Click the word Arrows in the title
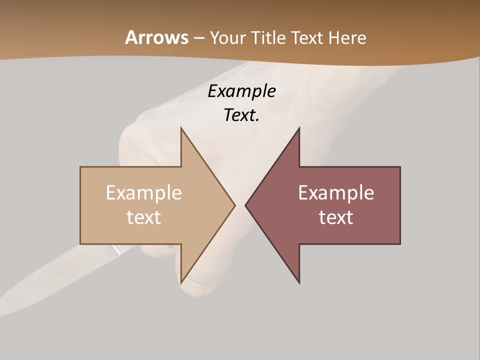(156, 37)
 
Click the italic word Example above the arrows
(241, 91)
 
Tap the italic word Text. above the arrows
(241, 115)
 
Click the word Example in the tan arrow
(144, 192)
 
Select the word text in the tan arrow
(144, 217)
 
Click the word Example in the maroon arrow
(336, 192)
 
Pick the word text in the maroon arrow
(336, 217)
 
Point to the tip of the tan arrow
(234, 205)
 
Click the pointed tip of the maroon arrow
(245, 205)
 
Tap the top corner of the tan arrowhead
(181, 128)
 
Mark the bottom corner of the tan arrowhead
(181, 282)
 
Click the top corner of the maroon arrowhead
(299, 128)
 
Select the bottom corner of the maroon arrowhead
(299, 283)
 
